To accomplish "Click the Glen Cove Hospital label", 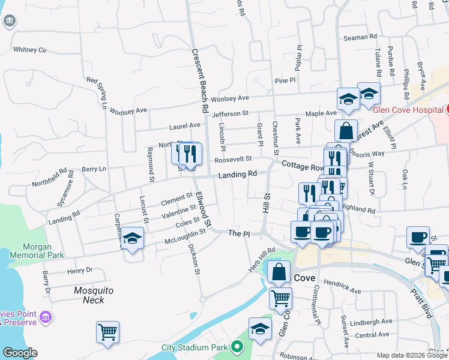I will pos(408,110).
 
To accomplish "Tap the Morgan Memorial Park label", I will pos(43,251).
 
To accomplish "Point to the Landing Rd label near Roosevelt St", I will pos(237,174).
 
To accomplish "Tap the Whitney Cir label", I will pos(30,50).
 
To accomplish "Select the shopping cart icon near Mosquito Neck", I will pos(107,331).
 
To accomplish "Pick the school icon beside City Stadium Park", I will pos(260,329).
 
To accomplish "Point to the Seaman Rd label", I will pos(360,37).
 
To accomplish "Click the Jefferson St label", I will pos(230,113).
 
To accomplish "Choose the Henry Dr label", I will pos(80,270).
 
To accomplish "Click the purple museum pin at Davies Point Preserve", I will pos(44,317).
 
